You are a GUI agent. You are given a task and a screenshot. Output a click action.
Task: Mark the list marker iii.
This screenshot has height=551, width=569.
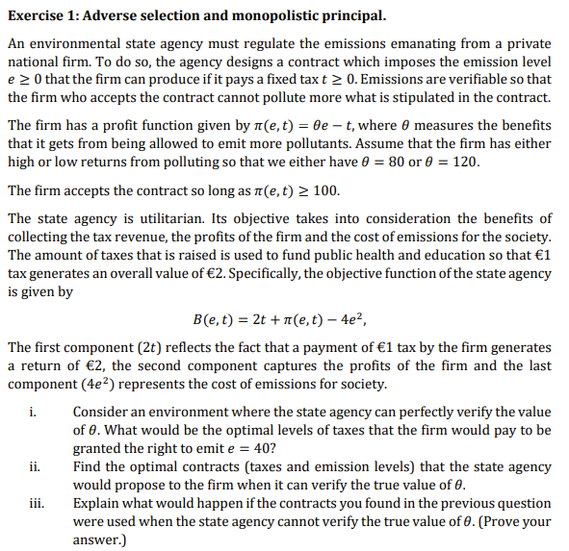[x=36, y=503]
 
